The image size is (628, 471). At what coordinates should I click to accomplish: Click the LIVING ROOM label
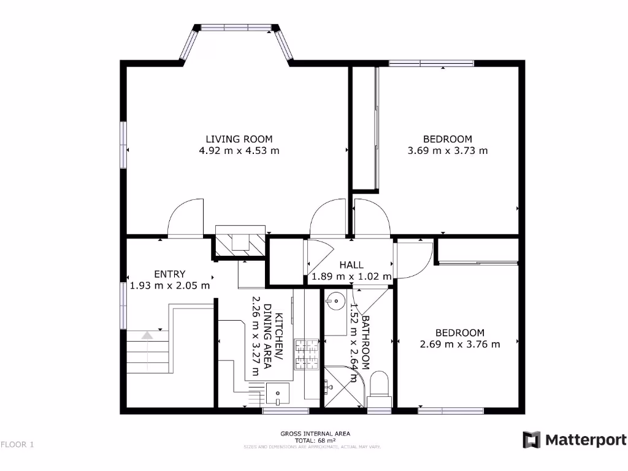239,139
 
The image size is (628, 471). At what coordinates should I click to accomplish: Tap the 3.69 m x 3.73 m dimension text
448,150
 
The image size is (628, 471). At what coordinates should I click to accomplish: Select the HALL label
351,265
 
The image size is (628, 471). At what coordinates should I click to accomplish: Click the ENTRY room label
169,274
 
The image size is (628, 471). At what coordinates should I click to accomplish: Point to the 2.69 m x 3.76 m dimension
459,344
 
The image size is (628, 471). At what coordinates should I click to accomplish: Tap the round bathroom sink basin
334,301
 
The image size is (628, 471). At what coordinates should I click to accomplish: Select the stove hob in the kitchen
307,355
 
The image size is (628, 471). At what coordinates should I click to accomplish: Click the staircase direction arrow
147,335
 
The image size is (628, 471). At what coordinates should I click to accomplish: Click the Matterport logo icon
531,440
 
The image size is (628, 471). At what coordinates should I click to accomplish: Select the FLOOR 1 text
17,445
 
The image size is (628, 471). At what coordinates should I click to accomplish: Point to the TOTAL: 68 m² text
315,440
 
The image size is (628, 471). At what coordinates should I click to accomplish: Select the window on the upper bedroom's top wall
431,63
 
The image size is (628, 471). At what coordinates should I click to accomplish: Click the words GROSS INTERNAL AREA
315,434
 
